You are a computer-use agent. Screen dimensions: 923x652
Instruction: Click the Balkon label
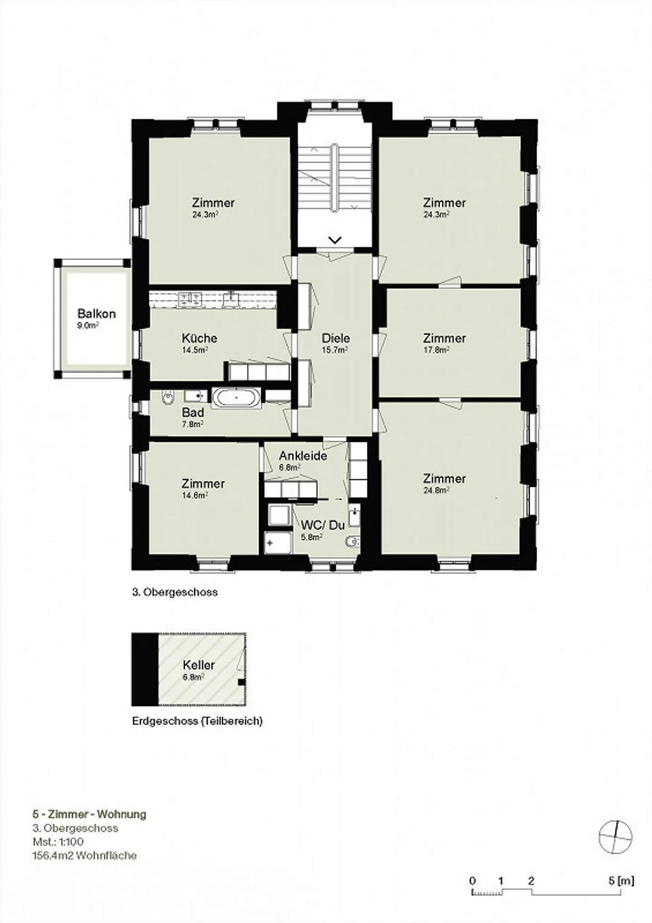click(x=96, y=313)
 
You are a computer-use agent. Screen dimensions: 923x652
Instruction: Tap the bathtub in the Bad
click(x=236, y=398)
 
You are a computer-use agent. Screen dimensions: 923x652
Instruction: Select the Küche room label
click(x=199, y=338)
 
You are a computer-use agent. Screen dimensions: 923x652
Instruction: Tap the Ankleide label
click(x=303, y=456)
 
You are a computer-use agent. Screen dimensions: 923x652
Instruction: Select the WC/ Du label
click(x=323, y=525)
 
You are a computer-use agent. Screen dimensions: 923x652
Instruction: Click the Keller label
click(x=198, y=665)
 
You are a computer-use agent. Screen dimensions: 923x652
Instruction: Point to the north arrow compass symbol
click(x=615, y=837)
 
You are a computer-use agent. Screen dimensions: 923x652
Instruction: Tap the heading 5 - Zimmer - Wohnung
click(x=89, y=814)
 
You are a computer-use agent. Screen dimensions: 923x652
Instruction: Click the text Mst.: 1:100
click(x=58, y=842)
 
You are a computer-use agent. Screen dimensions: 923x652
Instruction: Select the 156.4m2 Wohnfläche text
click(x=84, y=856)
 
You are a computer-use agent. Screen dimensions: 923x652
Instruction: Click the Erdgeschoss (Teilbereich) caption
click(x=197, y=721)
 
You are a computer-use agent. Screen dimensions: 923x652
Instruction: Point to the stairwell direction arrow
click(x=335, y=240)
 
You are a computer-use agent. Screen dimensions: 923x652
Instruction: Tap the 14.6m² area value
click(x=195, y=495)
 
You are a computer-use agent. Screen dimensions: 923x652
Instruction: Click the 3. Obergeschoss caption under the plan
click(x=175, y=592)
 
